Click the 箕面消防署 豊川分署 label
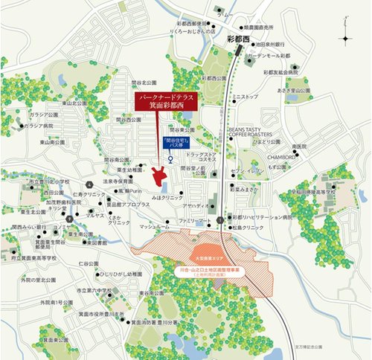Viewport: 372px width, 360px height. (157, 323)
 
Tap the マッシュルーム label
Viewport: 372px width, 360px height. (143, 222)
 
